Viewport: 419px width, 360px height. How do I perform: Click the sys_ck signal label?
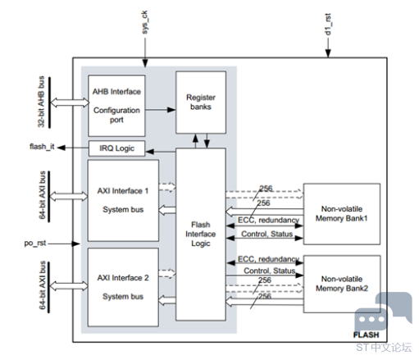[x=145, y=22]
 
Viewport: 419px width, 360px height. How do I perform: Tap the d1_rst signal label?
[x=328, y=24]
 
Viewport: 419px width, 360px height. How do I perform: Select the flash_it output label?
[x=42, y=147]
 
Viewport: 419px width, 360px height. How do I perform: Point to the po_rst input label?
[x=35, y=243]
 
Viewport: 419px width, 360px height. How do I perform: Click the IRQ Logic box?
[x=116, y=148]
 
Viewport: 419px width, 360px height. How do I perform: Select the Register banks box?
[x=201, y=103]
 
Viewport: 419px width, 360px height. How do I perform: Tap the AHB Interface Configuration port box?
[x=116, y=106]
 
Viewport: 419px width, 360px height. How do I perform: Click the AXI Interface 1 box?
[x=123, y=201]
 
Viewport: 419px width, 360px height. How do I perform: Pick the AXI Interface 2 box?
[x=123, y=287]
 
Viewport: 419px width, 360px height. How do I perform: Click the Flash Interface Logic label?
[x=201, y=234]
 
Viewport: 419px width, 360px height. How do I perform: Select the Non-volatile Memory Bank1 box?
[x=342, y=214]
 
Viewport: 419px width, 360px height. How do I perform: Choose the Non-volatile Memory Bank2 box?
[x=342, y=284]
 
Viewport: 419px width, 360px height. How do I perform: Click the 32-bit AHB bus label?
[x=41, y=102]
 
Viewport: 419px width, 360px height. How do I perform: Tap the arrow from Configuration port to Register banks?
[x=161, y=110]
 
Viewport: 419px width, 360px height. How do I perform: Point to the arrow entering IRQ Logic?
[x=161, y=152]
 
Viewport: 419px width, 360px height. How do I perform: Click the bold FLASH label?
[x=366, y=335]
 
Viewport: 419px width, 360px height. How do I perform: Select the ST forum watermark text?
[x=384, y=348]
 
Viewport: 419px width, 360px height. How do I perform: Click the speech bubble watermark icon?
[x=383, y=312]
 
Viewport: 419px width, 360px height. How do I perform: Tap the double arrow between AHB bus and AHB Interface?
[x=70, y=103]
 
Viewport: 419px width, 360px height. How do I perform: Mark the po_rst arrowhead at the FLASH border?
[x=76, y=244]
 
